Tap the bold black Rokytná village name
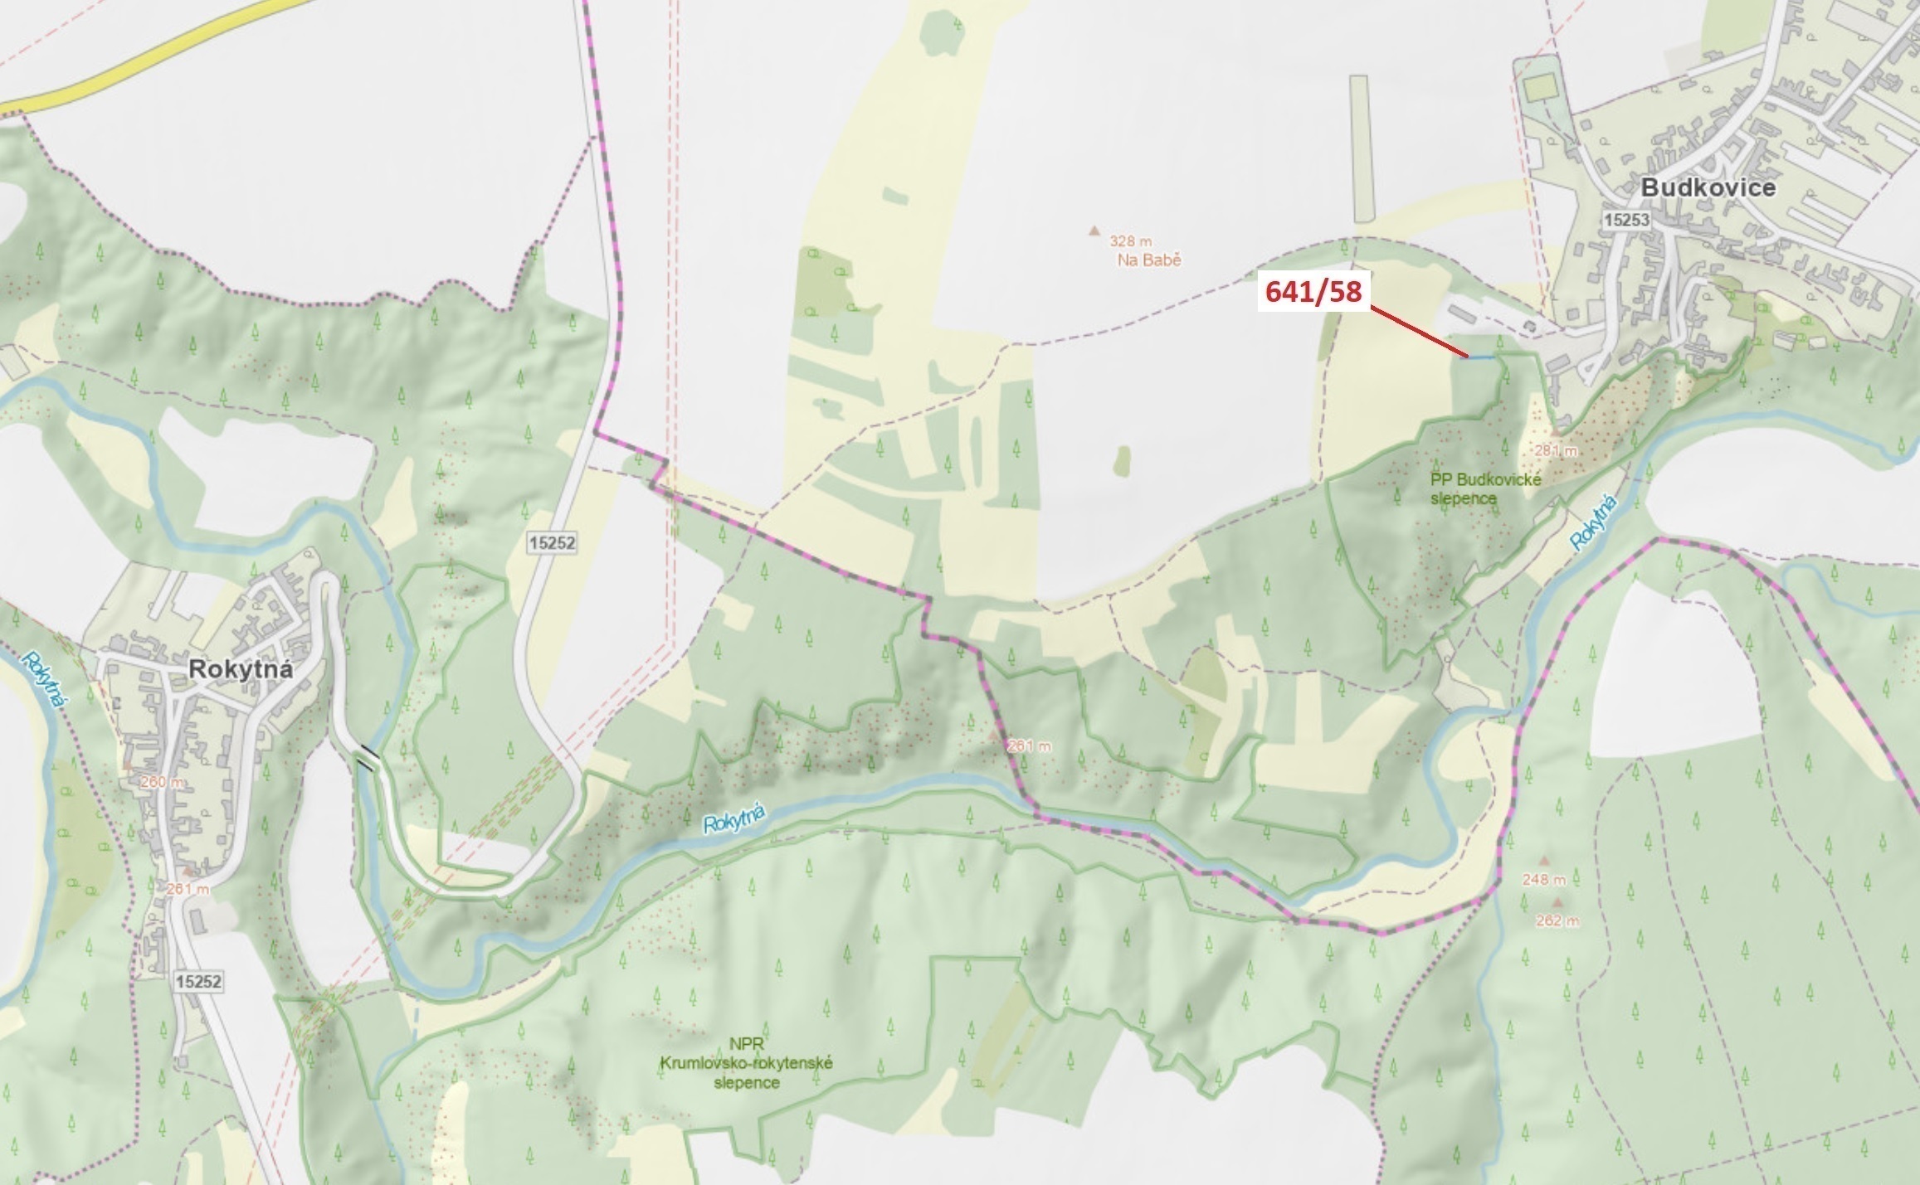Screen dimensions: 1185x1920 tap(241, 669)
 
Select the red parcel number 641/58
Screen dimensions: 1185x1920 tap(1313, 291)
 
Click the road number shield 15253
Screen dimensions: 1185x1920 tap(1626, 220)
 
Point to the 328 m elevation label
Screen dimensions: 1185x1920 tap(1130, 241)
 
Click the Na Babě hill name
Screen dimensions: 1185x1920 tap(1149, 260)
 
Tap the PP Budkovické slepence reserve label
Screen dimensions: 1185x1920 tap(1485, 488)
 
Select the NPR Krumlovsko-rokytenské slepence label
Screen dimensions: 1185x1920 tap(746, 1063)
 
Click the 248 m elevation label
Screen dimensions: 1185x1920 tap(1543, 880)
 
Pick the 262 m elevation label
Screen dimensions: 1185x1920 tap(1557, 920)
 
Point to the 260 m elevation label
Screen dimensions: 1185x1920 tap(163, 782)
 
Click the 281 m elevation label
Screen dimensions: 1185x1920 tap(1555, 450)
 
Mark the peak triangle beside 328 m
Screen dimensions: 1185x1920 tap(1094, 231)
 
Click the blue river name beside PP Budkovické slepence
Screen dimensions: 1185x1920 tap(1594, 522)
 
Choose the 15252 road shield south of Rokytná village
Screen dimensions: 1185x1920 tap(199, 981)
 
